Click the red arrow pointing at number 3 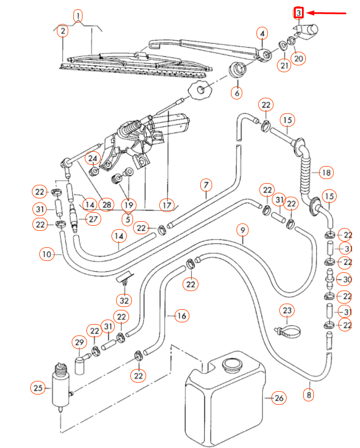coord(327,13)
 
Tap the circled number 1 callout coord(78,15)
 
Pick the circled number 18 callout coord(326,172)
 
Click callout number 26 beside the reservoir coord(279,398)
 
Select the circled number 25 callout coord(37,388)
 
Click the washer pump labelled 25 coord(60,387)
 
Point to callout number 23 coord(287,310)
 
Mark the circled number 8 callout coord(309,394)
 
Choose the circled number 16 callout coord(181,316)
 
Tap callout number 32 coord(124,300)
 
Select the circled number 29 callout coord(79,342)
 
